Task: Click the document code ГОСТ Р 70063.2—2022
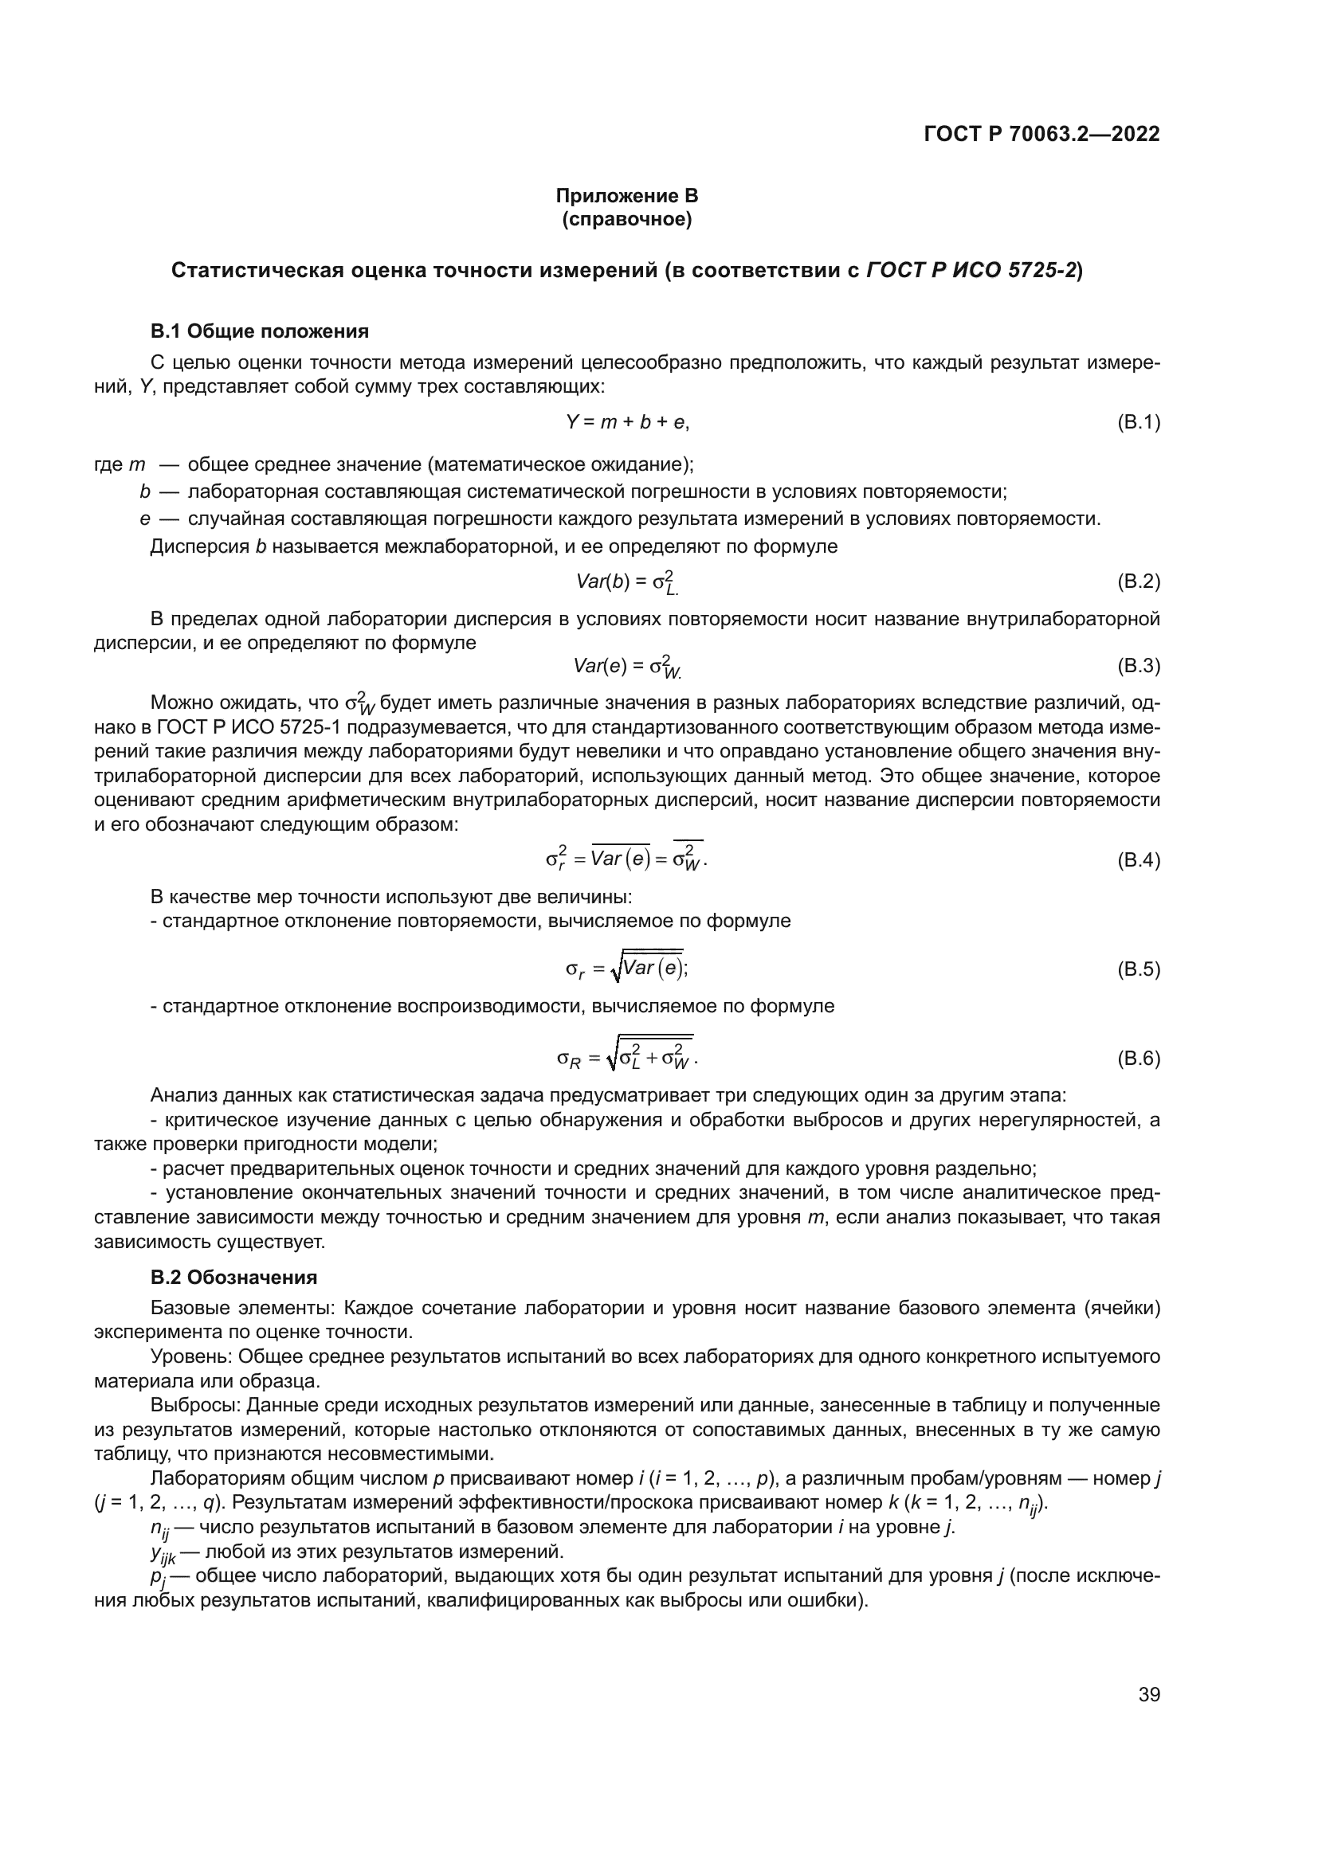coord(1041,134)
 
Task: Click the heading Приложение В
coord(626,196)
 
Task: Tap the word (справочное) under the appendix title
coord(626,219)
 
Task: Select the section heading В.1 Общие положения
coord(260,331)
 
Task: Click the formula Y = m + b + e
coord(626,422)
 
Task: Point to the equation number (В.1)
coord(1139,422)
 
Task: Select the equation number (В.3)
coord(1139,666)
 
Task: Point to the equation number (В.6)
coord(1139,1058)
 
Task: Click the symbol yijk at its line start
coord(163,1553)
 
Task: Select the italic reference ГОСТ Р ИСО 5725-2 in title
coord(971,270)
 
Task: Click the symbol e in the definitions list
coord(143,519)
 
